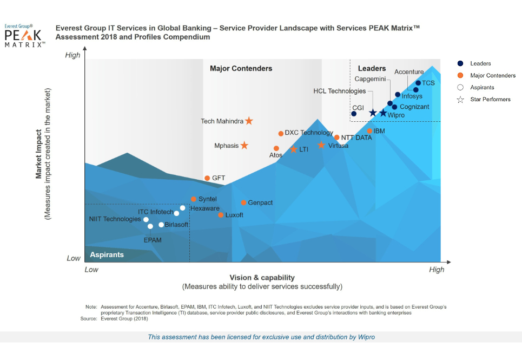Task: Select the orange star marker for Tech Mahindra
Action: pos(249,121)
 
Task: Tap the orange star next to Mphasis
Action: pos(245,145)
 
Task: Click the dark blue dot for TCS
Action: pos(418,83)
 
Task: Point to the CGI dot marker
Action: pos(354,114)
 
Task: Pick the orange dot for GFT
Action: pos(207,178)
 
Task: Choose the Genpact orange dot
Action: pos(243,202)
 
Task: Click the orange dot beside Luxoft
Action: pos(221,215)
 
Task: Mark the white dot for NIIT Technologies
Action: pos(146,219)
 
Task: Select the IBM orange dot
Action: pos(369,131)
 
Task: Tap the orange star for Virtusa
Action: pos(321,145)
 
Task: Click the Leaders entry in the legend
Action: pos(480,64)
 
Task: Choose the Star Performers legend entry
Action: pos(490,100)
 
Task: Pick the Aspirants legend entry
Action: pos(482,88)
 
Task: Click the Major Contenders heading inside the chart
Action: pos(241,69)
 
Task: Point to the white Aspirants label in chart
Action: pos(107,254)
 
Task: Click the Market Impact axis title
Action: pos(39,154)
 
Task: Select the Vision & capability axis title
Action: pos(262,278)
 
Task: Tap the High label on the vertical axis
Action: pos(72,55)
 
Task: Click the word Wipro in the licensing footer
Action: pos(366,337)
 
